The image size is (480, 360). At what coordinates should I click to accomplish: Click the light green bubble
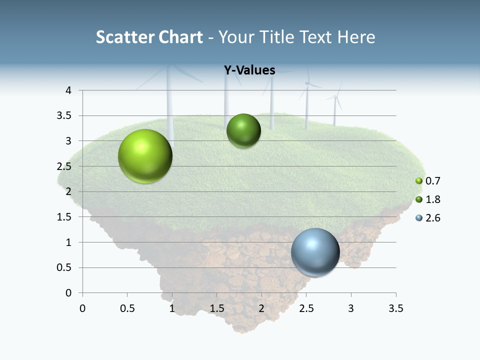coord(145,156)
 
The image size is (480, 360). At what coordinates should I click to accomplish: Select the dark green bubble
coord(243,131)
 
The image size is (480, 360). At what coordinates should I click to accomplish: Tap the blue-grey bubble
coord(315,252)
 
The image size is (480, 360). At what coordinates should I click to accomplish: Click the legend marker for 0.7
coord(419,181)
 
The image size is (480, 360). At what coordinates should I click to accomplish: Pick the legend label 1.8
coord(432,199)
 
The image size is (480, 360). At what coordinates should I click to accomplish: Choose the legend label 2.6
coord(432,218)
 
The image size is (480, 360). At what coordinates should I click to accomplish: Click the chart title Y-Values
coord(249,70)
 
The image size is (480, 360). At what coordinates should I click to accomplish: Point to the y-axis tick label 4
coord(68,90)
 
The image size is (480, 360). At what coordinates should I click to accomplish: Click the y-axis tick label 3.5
coord(65,116)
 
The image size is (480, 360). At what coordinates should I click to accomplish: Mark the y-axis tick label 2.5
coord(65,166)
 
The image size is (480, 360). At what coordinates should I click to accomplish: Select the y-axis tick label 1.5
coord(65,217)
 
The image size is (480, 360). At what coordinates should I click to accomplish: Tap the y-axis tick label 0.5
coord(65,267)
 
